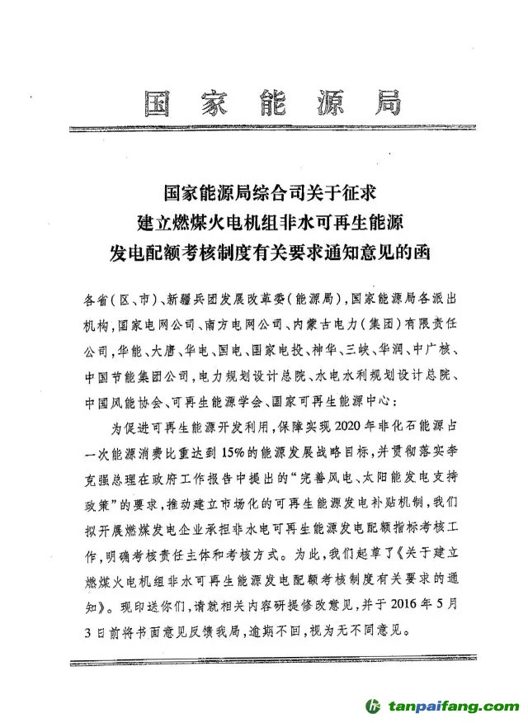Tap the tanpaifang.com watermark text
[450, 708]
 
